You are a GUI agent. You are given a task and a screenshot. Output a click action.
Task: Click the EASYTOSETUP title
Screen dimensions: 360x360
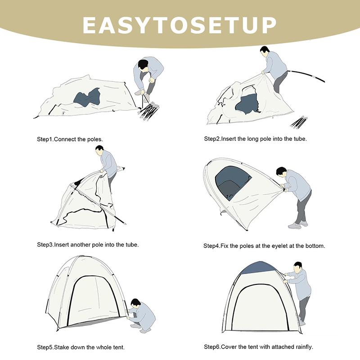pyautogui.click(x=180, y=25)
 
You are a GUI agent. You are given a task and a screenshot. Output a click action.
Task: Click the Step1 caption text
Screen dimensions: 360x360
pyautogui.click(x=70, y=139)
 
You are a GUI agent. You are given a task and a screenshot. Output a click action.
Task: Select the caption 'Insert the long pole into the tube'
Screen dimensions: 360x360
pyautogui.click(x=255, y=139)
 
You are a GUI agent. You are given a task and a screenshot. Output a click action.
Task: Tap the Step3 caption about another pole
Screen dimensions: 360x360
pyautogui.click(x=88, y=245)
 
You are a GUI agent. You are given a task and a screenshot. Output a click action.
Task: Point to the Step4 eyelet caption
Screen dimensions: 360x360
pyautogui.click(x=264, y=246)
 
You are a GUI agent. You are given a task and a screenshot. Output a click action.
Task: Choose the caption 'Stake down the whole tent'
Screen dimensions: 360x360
pyautogui.click(x=81, y=347)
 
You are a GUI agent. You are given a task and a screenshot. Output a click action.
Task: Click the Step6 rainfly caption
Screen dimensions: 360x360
pyautogui.click(x=258, y=346)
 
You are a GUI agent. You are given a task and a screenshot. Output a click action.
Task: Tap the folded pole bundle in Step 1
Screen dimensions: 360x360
pyautogui.click(x=149, y=111)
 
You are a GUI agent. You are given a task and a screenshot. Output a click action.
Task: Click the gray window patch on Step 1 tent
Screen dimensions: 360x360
pyautogui.click(x=87, y=97)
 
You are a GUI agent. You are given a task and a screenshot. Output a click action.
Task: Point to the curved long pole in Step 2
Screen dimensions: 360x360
pyautogui.click(x=306, y=75)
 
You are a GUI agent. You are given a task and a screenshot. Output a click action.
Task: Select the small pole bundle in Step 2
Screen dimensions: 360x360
pyautogui.click(x=298, y=122)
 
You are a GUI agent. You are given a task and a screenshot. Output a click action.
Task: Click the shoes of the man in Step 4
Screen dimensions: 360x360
pyautogui.click(x=298, y=225)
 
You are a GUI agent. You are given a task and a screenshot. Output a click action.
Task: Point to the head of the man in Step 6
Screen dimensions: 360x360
pyautogui.click(x=298, y=267)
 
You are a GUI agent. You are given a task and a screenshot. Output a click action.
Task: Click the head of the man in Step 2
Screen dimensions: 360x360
pyautogui.click(x=265, y=51)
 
